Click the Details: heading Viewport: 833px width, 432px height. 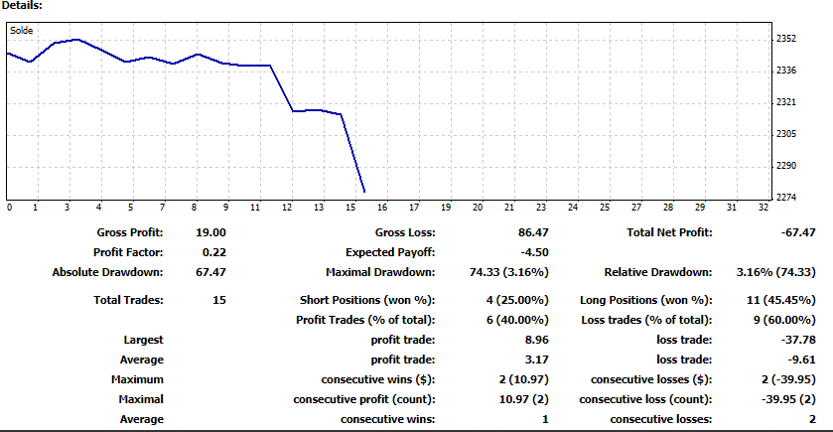(x=22, y=6)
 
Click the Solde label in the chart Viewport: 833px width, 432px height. (x=21, y=31)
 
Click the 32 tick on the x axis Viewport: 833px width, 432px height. (x=763, y=208)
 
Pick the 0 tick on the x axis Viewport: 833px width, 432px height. (x=9, y=208)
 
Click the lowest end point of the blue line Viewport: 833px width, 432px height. (x=364, y=192)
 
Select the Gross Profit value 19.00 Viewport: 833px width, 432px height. (x=211, y=232)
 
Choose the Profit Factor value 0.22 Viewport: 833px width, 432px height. (x=213, y=252)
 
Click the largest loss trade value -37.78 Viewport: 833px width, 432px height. (x=793, y=340)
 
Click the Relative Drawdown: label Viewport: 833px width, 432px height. (x=657, y=272)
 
